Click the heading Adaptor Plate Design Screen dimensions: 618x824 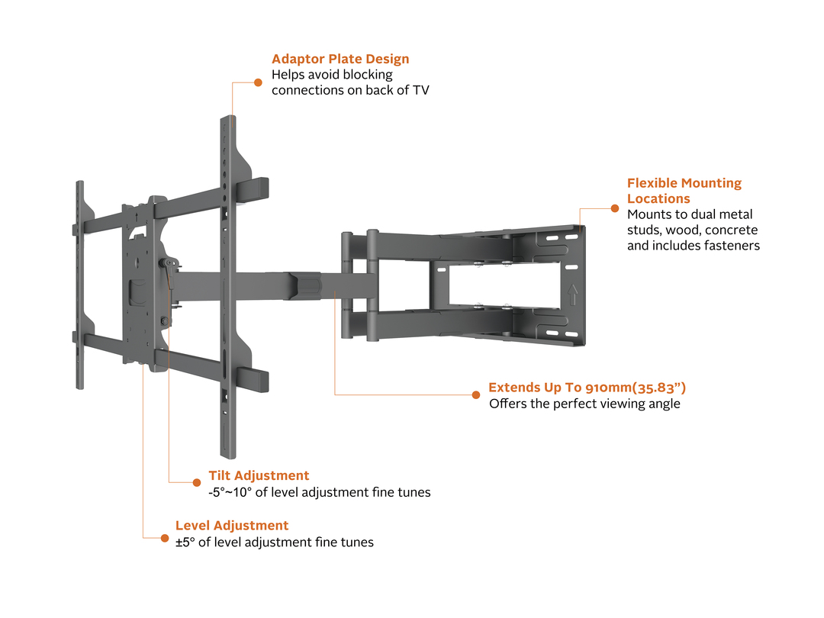(340, 59)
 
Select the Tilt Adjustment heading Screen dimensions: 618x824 (259, 476)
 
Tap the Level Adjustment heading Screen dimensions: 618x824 (232, 526)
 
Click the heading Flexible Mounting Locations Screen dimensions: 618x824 (684, 191)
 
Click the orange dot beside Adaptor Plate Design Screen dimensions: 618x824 (258, 81)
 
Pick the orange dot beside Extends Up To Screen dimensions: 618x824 (476, 394)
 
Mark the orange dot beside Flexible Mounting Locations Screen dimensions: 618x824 (615, 208)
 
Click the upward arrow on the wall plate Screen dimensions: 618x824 (571, 295)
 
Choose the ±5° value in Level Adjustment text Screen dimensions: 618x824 (185, 542)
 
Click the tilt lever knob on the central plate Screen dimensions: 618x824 (163, 264)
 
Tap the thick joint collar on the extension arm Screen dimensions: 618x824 (305, 285)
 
